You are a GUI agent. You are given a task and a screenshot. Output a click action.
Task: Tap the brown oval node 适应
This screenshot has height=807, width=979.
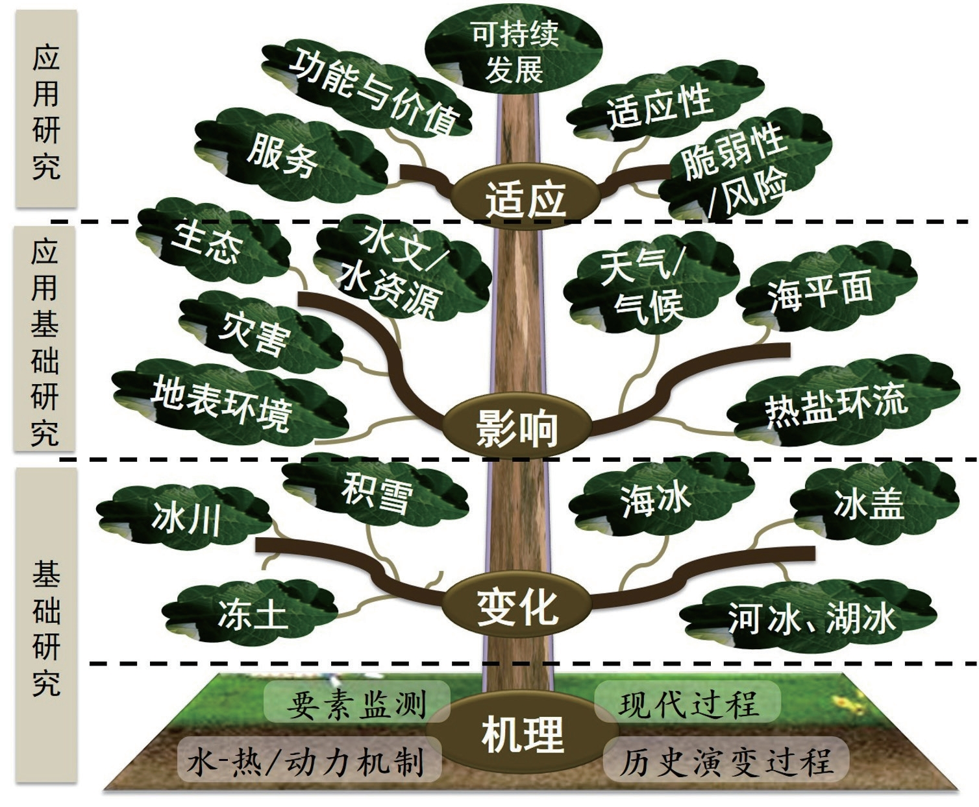coord(525,197)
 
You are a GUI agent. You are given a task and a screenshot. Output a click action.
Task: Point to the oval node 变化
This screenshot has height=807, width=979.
coord(517,607)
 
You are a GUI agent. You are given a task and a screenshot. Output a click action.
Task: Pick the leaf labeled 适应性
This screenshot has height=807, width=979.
coord(659,106)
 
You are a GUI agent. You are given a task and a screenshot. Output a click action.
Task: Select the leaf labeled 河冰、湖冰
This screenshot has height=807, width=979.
coord(812,616)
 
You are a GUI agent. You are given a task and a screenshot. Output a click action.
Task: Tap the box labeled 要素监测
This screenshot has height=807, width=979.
coord(356,703)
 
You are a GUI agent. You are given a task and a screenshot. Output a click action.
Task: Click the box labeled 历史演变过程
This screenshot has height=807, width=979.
coord(725,760)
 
